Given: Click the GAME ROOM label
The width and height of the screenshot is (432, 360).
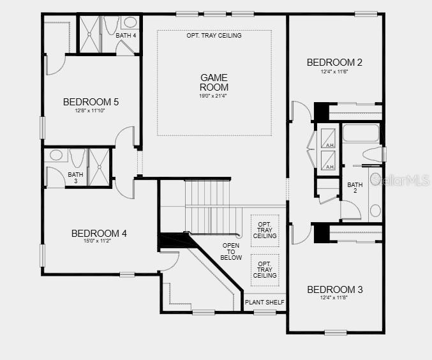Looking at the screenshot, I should point(214,82).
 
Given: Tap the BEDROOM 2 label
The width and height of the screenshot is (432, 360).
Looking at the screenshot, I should point(334,62).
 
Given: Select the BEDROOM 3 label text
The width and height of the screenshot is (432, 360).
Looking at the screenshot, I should point(334,290).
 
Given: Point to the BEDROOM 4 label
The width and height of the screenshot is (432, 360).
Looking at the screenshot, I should point(99,234).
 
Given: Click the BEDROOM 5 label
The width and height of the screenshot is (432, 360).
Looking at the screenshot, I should point(91,101).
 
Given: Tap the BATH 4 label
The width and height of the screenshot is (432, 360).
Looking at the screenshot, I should point(126,35).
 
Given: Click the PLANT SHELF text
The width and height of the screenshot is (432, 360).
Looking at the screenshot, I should point(264,302).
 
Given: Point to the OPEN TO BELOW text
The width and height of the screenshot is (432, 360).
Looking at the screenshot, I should point(232,251).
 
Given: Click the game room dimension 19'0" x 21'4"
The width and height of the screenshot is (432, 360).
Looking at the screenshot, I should point(214,96).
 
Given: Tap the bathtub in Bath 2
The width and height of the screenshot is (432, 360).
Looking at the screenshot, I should point(361,133).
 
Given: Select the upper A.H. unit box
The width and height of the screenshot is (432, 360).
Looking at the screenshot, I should point(329,138).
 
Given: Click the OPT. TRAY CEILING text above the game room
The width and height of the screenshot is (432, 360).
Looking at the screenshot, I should point(214,36).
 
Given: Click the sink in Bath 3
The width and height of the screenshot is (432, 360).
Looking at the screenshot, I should point(56,155).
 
